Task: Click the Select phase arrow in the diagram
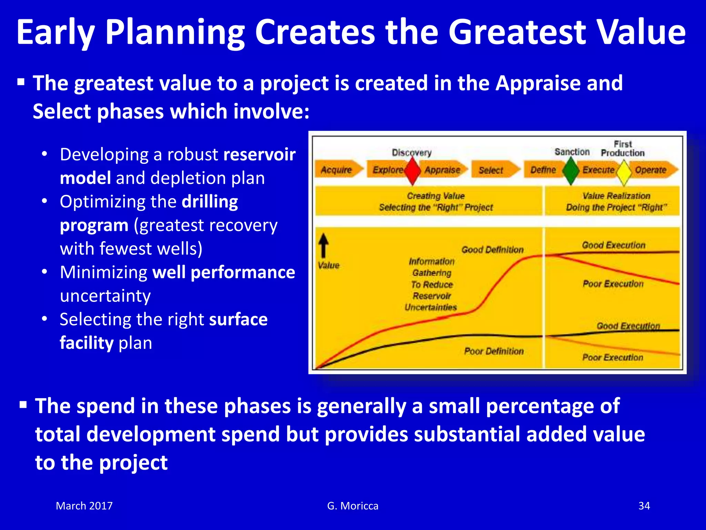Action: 494,170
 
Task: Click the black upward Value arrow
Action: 323,246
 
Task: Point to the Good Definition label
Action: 492,249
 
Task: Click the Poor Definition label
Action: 494,351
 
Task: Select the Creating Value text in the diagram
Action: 436,196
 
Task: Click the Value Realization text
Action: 616,196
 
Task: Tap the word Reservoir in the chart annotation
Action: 432,296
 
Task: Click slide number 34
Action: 644,506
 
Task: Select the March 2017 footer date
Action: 84,506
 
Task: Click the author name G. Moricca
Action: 353,506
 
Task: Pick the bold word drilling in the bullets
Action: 210,202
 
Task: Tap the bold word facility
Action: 87,343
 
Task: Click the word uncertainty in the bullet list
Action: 105,296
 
